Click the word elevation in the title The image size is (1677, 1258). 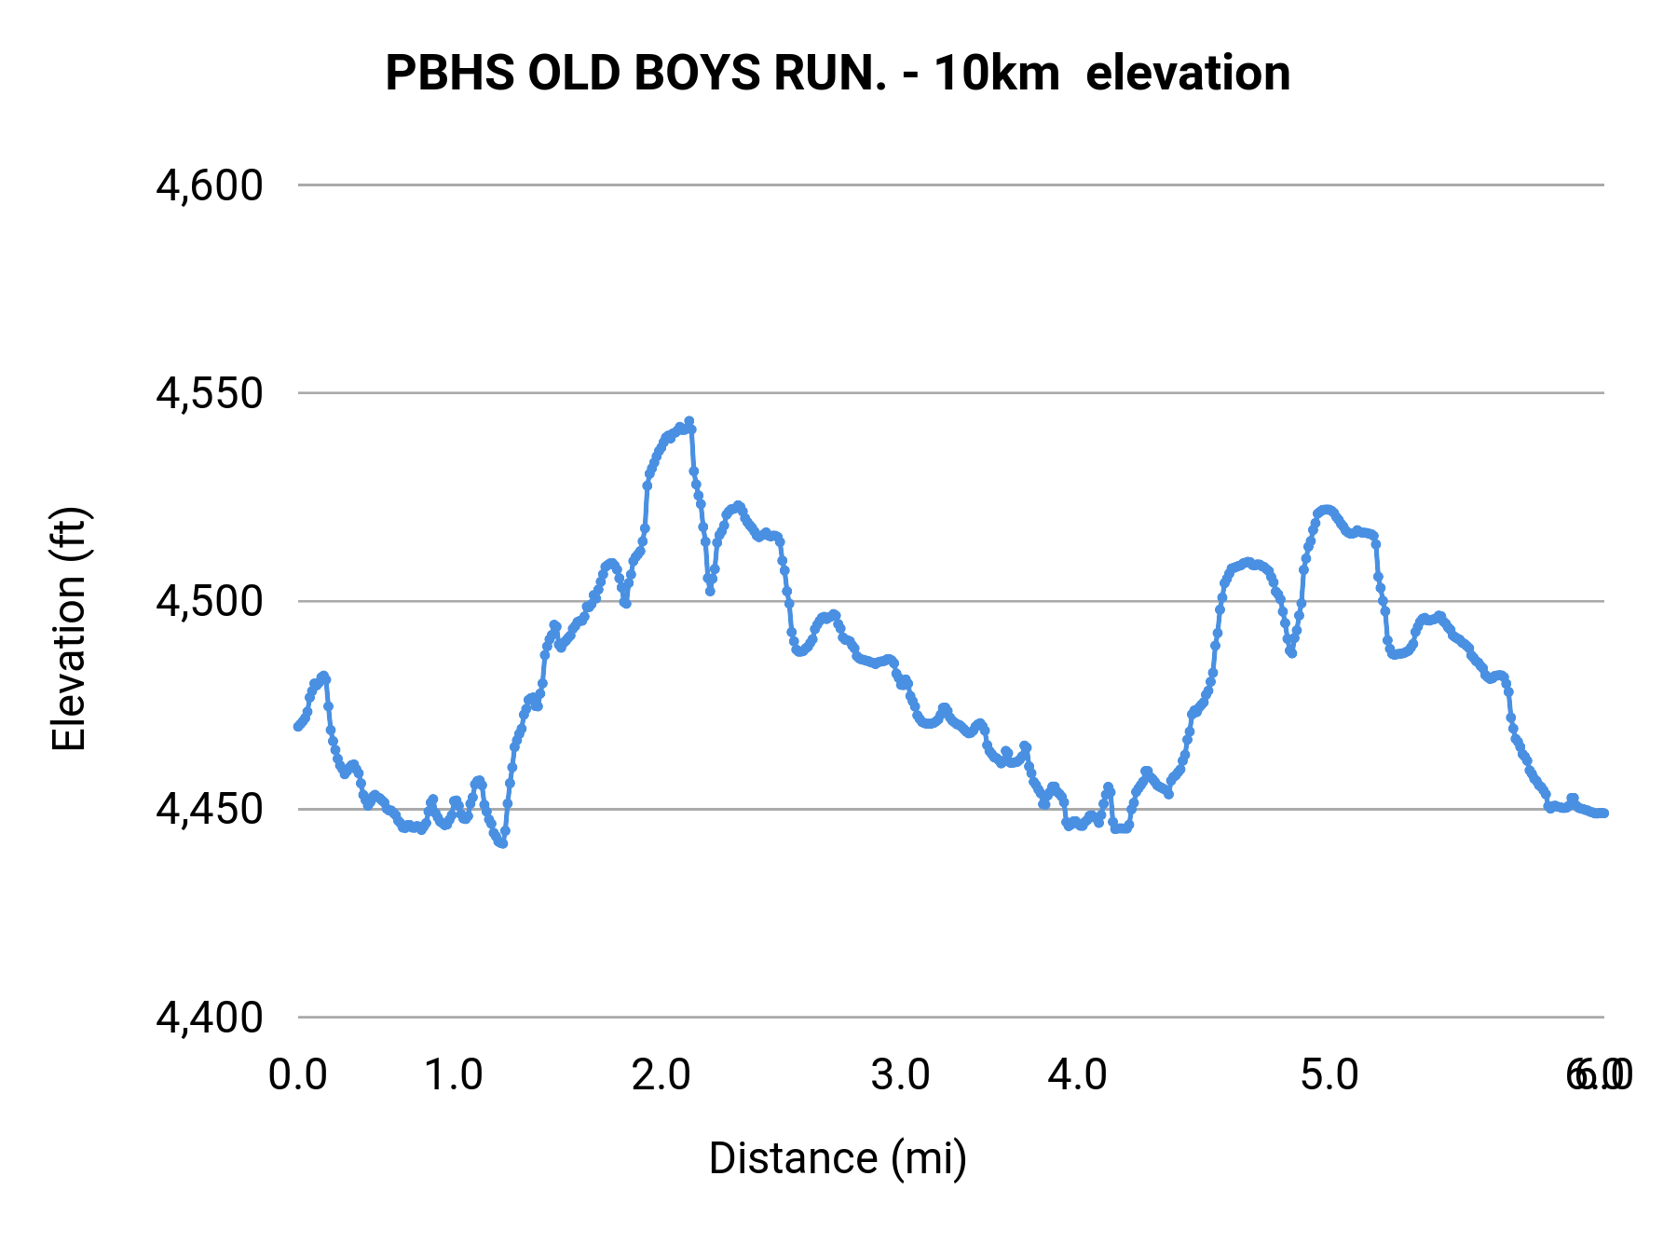(x=1188, y=73)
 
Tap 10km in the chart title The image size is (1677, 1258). (x=996, y=73)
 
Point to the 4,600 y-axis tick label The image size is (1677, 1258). (x=210, y=185)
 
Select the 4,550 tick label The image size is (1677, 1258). (x=210, y=393)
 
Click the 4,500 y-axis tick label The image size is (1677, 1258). (x=210, y=601)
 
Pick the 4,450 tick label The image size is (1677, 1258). (x=210, y=809)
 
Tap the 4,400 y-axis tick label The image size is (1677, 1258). (x=210, y=1017)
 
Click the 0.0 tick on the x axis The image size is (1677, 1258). (x=297, y=1075)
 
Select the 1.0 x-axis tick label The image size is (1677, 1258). (x=453, y=1075)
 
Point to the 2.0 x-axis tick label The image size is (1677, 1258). (x=661, y=1075)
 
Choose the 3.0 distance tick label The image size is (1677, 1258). (x=900, y=1075)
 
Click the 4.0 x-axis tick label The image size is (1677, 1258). (x=1077, y=1075)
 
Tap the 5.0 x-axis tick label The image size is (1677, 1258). (x=1329, y=1075)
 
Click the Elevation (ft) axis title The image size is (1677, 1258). (x=68, y=629)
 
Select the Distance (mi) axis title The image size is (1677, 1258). (x=838, y=1158)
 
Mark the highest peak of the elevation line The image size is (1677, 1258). (x=689, y=421)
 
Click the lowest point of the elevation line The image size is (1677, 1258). (x=502, y=843)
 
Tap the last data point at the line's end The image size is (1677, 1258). (x=1604, y=814)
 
